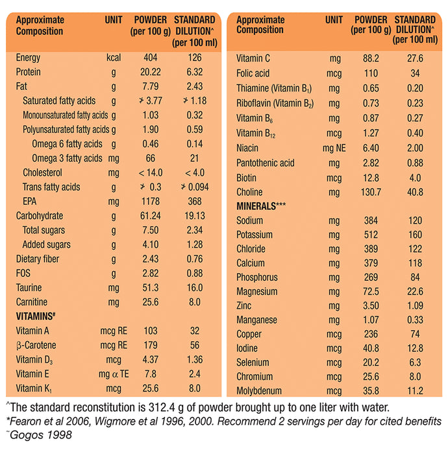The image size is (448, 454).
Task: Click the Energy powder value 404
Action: (x=150, y=58)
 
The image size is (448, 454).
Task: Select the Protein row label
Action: (x=29, y=72)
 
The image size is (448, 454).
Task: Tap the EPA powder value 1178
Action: (x=150, y=202)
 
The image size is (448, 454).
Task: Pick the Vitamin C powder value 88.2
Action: (x=371, y=58)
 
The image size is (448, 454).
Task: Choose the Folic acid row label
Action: (x=253, y=73)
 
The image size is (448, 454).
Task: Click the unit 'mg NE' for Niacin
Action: (x=334, y=148)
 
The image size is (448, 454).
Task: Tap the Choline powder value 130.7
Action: (x=371, y=192)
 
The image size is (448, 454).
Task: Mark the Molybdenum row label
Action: (x=260, y=390)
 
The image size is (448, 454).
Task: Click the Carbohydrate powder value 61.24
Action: (x=150, y=216)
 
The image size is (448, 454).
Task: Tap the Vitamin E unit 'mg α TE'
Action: (x=114, y=374)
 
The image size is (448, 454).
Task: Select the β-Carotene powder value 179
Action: (x=150, y=345)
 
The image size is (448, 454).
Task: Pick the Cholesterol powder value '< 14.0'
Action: (x=150, y=173)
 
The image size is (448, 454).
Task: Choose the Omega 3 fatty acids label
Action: (x=68, y=158)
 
